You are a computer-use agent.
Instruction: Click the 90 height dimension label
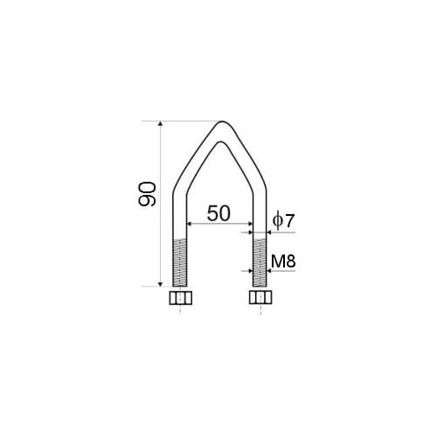(x=147, y=194)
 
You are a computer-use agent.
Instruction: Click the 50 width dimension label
(x=218, y=213)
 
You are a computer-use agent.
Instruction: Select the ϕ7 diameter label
(x=283, y=220)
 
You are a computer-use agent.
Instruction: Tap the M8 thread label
(x=283, y=261)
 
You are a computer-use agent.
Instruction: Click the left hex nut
(x=181, y=298)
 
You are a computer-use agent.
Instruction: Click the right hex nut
(x=260, y=297)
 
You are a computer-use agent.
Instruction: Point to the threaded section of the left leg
(x=180, y=262)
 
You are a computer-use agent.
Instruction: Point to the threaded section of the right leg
(x=260, y=262)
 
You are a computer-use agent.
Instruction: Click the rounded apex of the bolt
(x=222, y=122)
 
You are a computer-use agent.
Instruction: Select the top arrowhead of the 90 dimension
(x=160, y=123)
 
